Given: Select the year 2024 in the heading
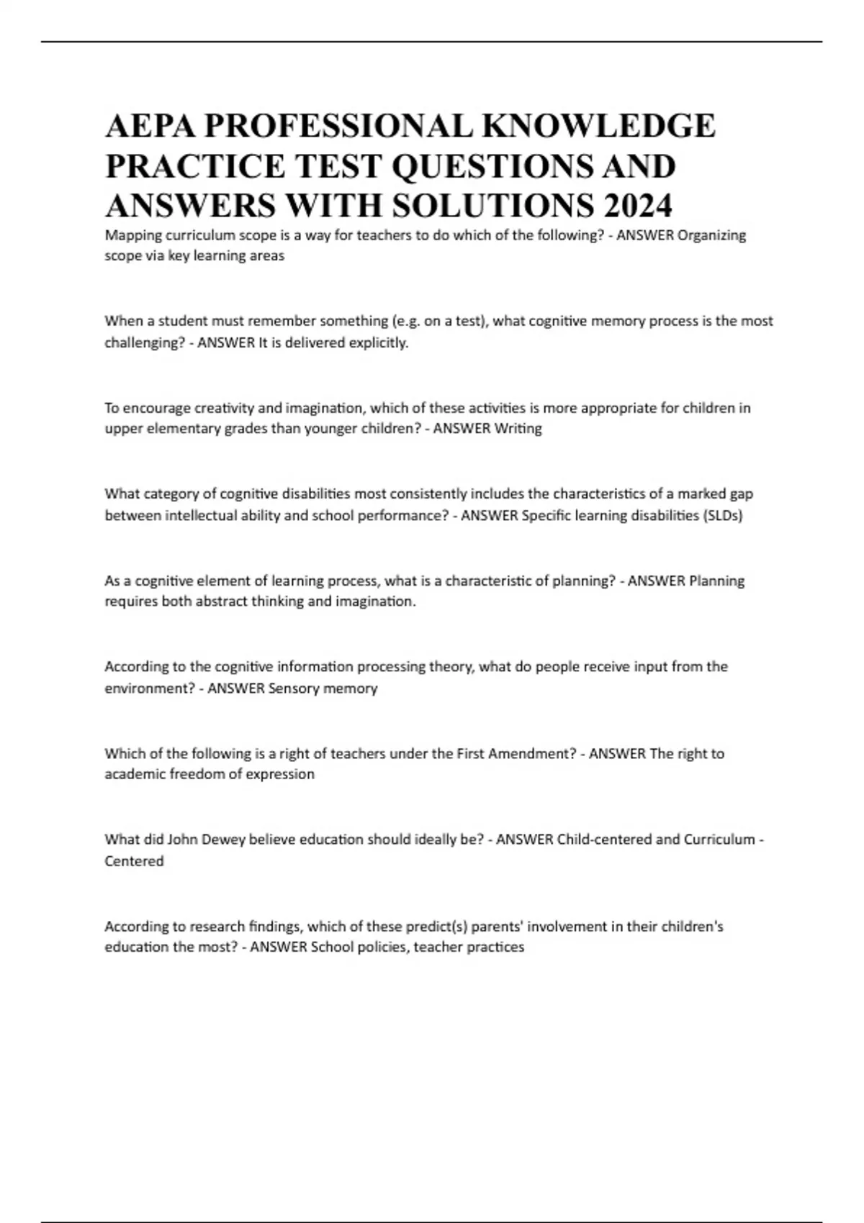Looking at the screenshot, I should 638,206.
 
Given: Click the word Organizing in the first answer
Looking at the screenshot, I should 712,235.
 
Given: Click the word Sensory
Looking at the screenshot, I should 294,688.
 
